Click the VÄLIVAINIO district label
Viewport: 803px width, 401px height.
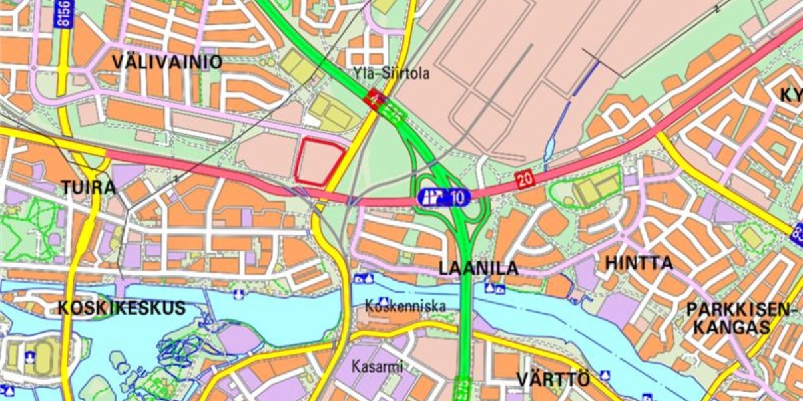[x=166, y=64]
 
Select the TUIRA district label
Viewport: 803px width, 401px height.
[x=88, y=188]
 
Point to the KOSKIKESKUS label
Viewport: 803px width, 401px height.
[x=121, y=308]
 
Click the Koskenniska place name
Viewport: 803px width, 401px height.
[x=405, y=306]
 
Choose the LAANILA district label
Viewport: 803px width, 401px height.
[x=478, y=269]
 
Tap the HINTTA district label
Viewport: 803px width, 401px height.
[x=639, y=263]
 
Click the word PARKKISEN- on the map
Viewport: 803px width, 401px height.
[x=741, y=310]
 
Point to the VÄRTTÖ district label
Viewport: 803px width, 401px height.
[x=553, y=380]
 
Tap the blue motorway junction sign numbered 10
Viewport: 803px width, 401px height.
[x=444, y=197]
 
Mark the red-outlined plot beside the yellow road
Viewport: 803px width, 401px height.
[x=320, y=162]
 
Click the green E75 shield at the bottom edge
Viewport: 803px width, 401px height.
[x=461, y=388]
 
